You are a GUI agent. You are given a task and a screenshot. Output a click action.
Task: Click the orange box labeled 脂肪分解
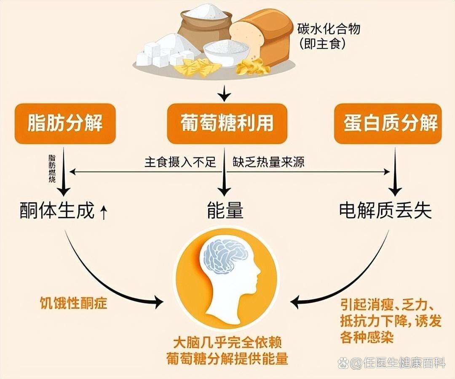tap(65, 123)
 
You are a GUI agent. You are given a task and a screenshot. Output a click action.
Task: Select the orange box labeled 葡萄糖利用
tap(227, 123)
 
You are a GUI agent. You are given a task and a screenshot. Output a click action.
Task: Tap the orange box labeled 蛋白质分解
tap(388, 123)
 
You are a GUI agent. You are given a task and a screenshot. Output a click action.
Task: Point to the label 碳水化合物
tap(329, 29)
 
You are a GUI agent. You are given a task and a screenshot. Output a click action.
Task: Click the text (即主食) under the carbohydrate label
tap(323, 44)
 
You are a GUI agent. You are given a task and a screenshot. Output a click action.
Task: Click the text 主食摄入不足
tap(180, 162)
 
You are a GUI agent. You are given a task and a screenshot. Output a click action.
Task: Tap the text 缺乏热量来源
tap(268, 162)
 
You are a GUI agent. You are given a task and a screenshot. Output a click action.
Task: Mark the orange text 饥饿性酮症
tap(73, 303)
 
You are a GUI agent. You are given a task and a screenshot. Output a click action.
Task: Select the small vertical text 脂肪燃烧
tap(52, 168)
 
